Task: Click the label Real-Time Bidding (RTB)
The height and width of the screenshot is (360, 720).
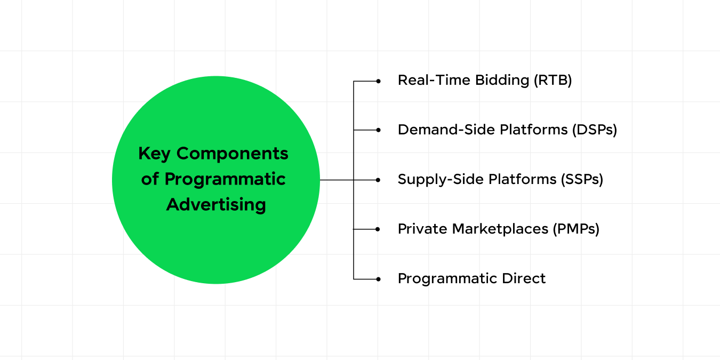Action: click(x=484, y=81)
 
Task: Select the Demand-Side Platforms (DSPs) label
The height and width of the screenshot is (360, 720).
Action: click(x=507, y=130)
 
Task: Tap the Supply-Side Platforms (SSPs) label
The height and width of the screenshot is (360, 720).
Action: click(x=500, y=179)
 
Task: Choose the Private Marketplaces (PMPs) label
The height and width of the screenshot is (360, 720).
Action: click(x=498, y=229)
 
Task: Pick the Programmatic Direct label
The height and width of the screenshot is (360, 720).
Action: click(x=471, y=278)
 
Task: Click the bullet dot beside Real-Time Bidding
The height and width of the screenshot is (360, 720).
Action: click(x=378, y=81)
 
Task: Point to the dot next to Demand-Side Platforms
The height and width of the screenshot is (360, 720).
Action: click(x=378, y=130)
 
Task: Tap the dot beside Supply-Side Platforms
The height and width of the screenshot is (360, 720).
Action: click(x=378, y=180)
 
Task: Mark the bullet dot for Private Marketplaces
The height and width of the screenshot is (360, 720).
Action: click(x=378, y=229)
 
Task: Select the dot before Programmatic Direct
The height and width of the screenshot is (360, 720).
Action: click(x=378, y=279)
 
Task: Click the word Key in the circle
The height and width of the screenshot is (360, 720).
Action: click(x=154, y=154)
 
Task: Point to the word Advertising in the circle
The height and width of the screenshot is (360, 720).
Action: click(x=216, y=205)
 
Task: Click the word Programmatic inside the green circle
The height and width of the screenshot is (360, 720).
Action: click(x=225, y=179)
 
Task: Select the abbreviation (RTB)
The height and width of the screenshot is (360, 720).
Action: click(x=553, y=81)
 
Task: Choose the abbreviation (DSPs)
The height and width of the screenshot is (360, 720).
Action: click(x=594, y=130)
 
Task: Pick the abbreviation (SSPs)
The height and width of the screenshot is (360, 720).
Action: click(x=582, y=179)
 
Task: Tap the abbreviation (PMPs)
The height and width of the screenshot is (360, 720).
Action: click(x=577, y=229)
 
